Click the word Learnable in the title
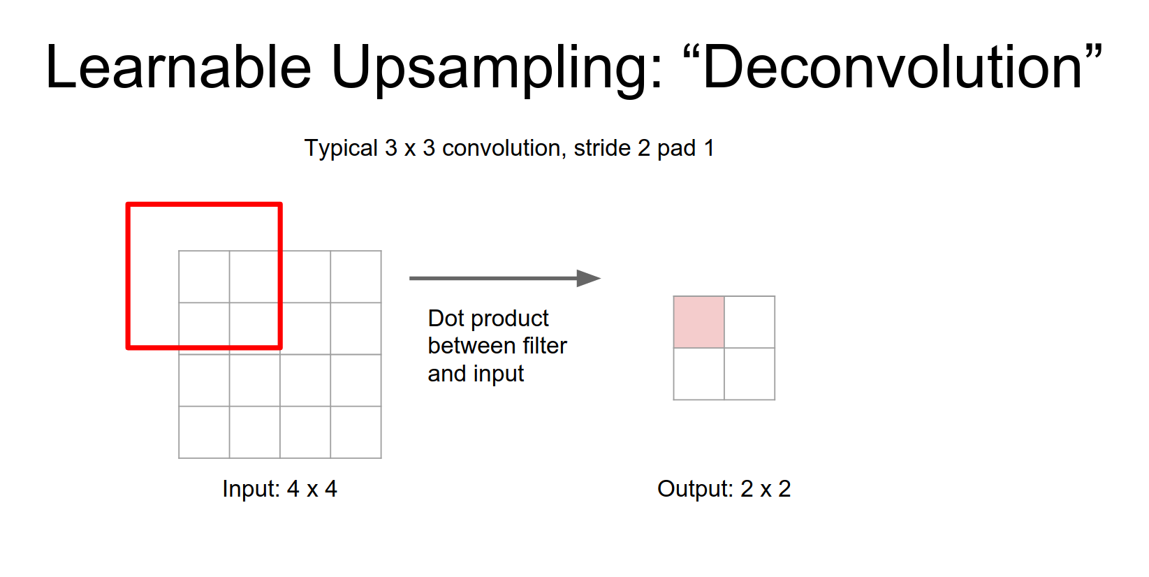tap(179, 67)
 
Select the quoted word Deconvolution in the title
tap(893, 67)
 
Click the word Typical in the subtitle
tap(341, 149)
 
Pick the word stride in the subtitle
tap(602, 148)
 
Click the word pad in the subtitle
tap(677, 149)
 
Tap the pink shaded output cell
tap(698, 322)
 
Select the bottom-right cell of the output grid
tap(749, 374)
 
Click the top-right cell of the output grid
tap(749, 322)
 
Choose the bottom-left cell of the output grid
tap(698, 374)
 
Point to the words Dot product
tap(488, 319)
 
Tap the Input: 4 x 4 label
tap(279, 489)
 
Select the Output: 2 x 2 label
tap(724, 489)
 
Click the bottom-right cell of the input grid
tap(356, 432)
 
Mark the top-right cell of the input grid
tap(356, 277)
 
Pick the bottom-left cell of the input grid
tap(204, 432)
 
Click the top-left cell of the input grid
tap(204, 277)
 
